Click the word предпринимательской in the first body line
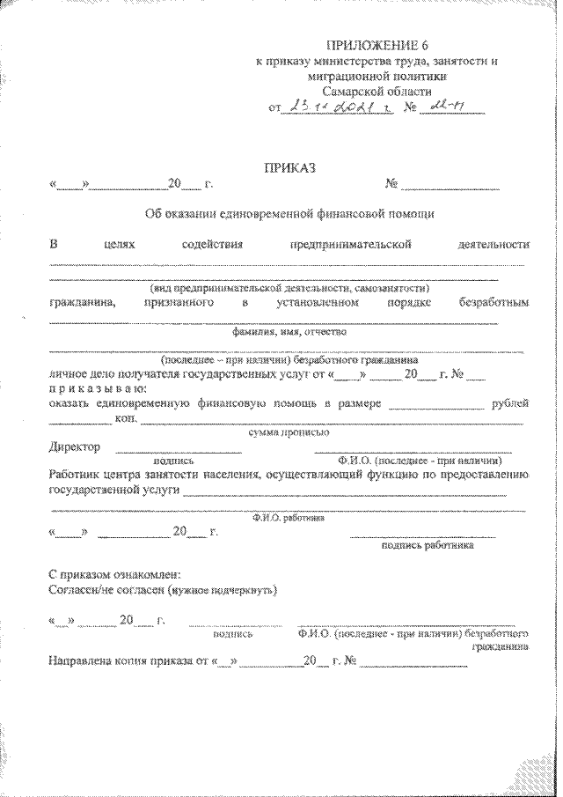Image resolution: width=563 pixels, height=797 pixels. point(350,244)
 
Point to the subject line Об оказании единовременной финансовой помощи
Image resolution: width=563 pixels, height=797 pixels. point(289,213)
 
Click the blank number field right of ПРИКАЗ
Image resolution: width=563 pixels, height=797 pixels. point(450,186)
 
